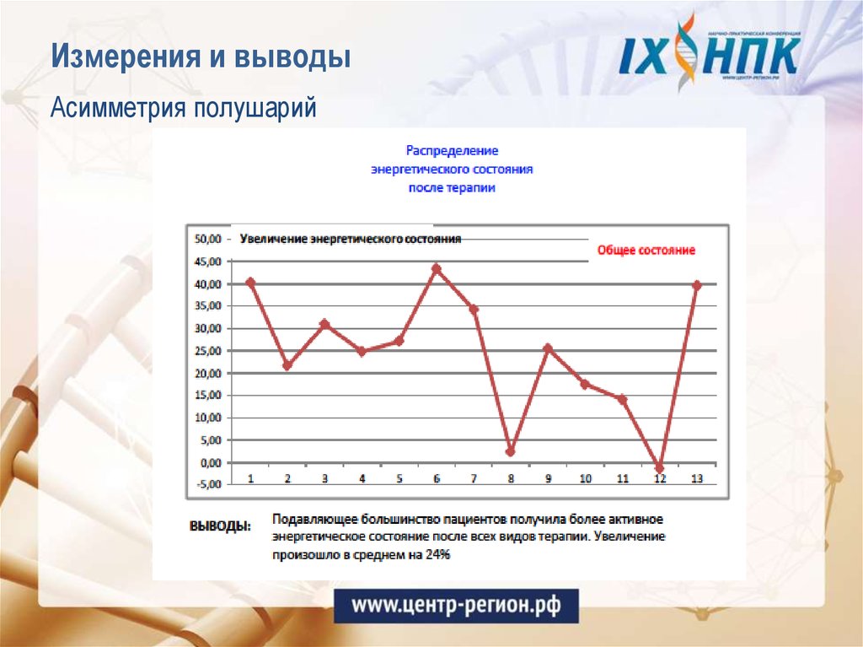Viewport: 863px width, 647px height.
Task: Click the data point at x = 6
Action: pos(436,268)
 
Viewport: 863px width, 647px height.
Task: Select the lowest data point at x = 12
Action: pos(659,467)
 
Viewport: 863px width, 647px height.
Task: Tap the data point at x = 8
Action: pos(511,451)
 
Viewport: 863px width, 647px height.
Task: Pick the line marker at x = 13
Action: pos(697,285)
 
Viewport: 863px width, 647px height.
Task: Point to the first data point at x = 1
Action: pos(250,282)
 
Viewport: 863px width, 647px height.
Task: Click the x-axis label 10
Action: pos(585,478)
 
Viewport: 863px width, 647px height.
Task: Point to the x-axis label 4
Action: pos(362,478)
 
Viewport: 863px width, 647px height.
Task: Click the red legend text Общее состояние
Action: pos(646,251)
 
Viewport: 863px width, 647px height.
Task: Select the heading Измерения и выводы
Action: pos(201,57)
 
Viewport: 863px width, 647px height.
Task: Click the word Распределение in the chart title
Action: pos(453,150)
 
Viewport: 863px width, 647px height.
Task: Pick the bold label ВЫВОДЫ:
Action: pos(220,525)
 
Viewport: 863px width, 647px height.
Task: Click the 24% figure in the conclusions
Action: pos(437,554)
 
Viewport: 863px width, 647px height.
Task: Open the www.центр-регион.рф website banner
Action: pos(456,605)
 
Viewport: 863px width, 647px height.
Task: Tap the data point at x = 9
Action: pos(548,348)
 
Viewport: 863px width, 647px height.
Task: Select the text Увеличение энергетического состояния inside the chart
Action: pos(351,239)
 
